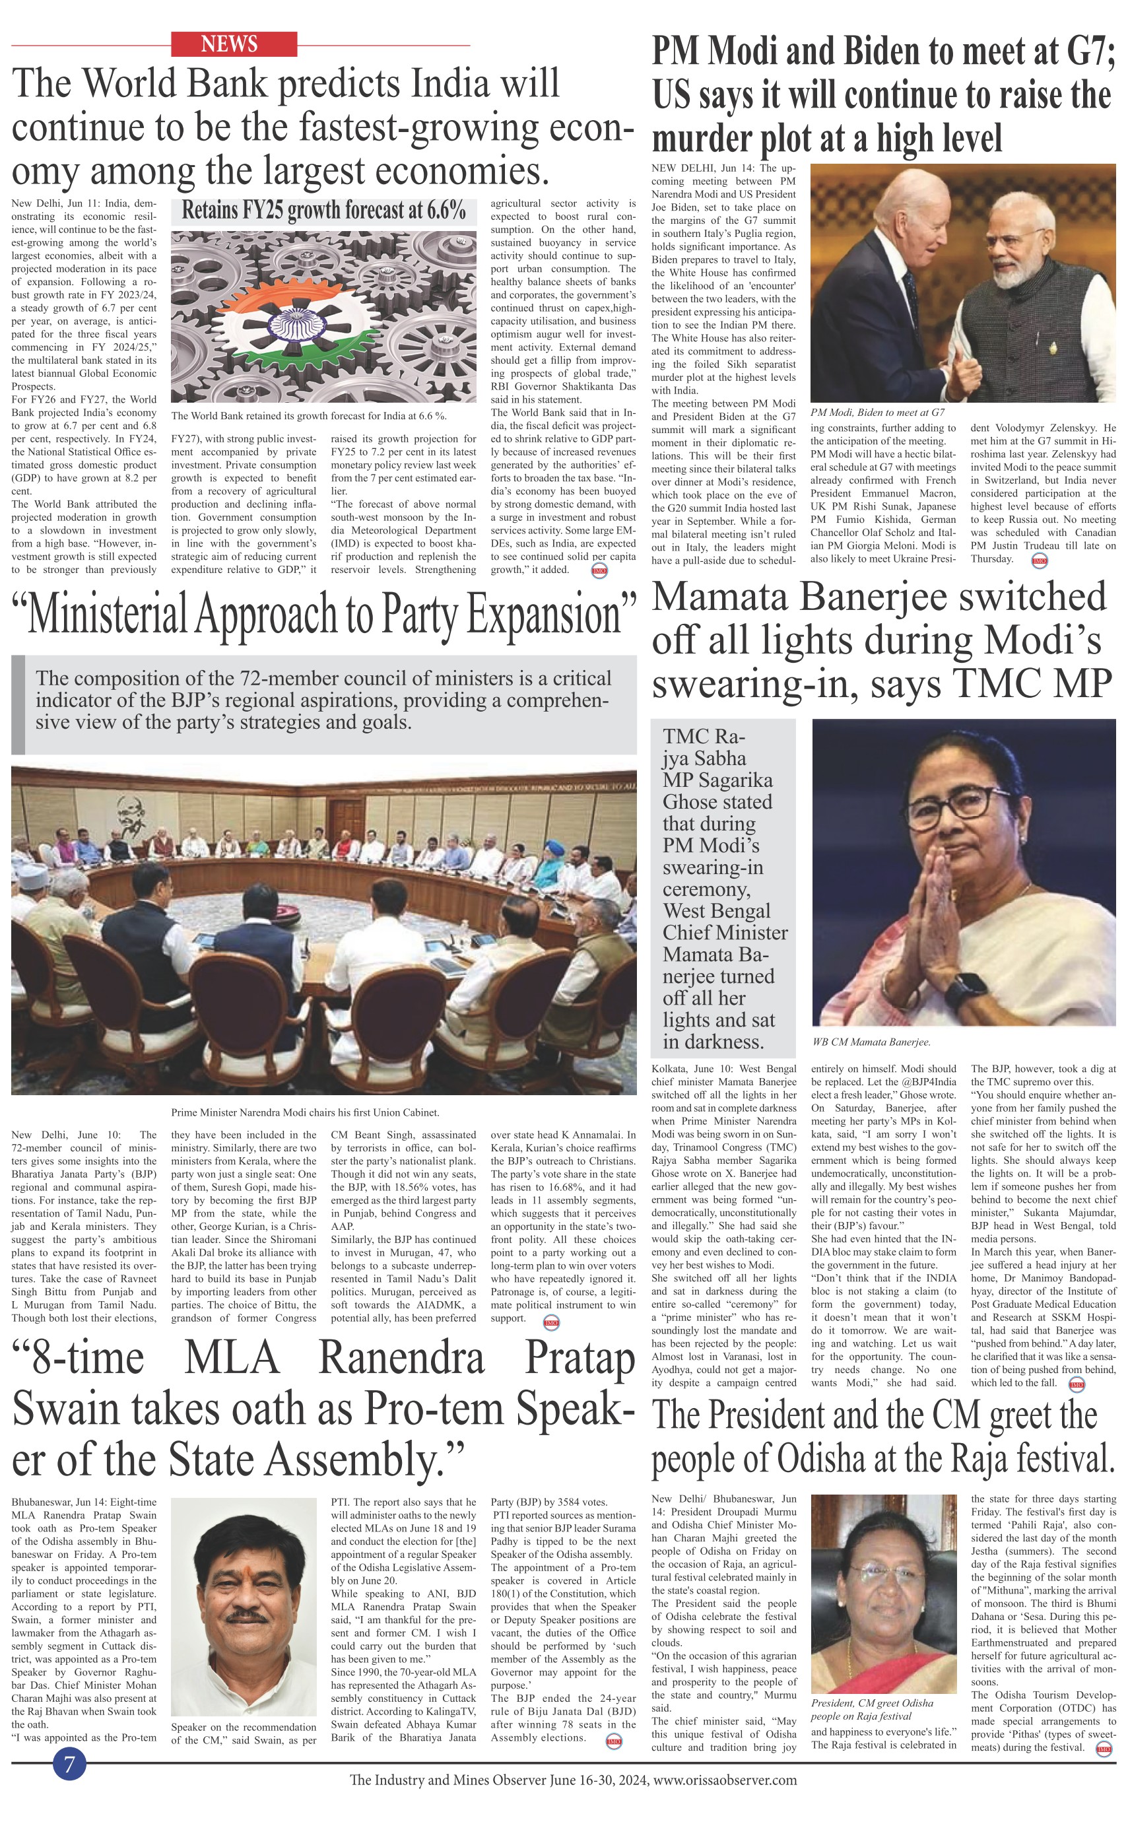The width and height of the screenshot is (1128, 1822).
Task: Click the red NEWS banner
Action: [x=234, y=44]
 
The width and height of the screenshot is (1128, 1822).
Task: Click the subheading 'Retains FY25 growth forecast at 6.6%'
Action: [x=324, y=211]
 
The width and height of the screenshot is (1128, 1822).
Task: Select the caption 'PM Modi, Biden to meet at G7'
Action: [x=877, y=412]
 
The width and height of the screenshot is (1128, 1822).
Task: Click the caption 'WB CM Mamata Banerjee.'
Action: [x=871, y=1042]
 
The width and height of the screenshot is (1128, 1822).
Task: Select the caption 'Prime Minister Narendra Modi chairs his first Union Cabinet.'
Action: [x=304, y=1112]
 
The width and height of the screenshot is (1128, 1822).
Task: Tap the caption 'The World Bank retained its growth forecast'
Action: [x=308, y=416]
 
